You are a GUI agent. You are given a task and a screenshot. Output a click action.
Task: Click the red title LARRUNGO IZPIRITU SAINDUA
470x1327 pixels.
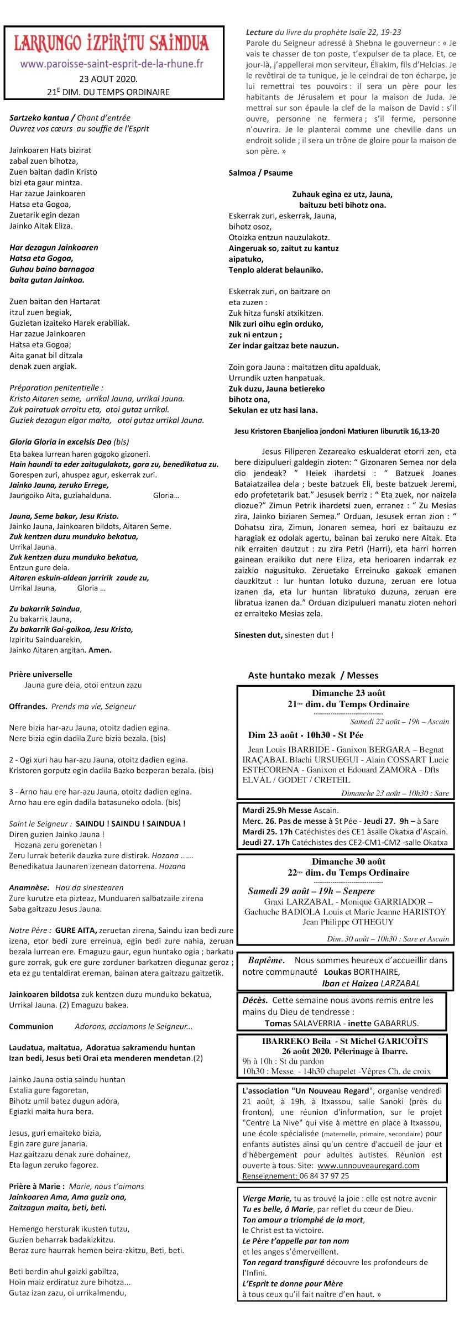click(x=111, y=43)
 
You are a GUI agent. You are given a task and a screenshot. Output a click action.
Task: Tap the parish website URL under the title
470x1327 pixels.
click(x=112, y=64)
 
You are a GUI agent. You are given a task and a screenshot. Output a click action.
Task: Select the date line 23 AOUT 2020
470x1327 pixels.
click(x=108, y=79)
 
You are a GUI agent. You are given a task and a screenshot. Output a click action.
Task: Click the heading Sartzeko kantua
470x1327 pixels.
click(x=39, y=118)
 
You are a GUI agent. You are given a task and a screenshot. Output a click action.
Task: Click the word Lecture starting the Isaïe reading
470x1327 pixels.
click(x=259, y=33)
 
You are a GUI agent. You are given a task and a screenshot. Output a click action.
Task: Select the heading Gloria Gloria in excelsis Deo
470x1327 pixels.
click(x=60, y=442)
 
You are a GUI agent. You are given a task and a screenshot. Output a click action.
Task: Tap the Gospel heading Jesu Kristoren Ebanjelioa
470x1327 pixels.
click(x=336, y=431)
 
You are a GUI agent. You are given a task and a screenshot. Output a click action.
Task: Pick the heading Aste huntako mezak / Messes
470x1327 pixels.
click(x=313, y=676)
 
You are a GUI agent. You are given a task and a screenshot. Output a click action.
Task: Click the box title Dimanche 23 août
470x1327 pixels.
click(x=348, y=693)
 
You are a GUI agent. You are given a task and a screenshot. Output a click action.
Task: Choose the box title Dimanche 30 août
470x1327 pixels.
click(x=348, y=861)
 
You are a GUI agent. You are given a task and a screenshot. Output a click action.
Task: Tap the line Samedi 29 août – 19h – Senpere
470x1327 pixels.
click(x=311, y=891)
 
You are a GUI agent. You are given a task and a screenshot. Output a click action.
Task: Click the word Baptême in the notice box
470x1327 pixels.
click(x=266, y=960)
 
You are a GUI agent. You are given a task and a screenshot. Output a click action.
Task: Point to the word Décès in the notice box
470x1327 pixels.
click(x=255, y=1000)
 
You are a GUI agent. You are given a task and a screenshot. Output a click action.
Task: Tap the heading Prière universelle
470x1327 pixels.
click(x=40, y=675)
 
